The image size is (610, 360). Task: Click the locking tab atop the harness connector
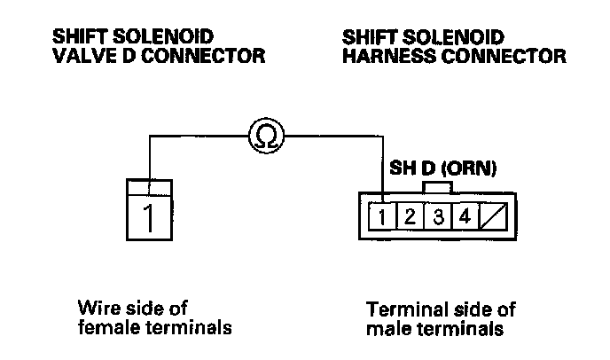pos(438,188)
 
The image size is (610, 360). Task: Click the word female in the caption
pos(104,329)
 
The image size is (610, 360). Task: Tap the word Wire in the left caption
pos(97,309)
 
